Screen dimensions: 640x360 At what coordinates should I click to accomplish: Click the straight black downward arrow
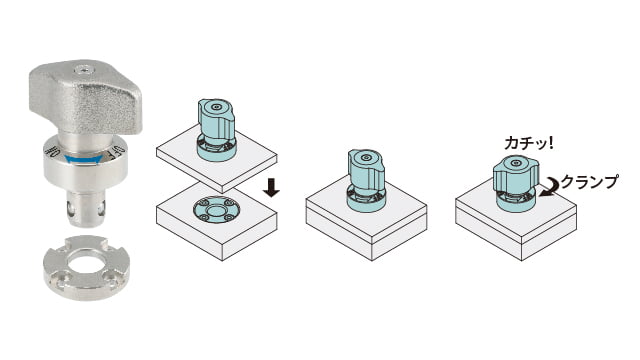(x=271, y=188)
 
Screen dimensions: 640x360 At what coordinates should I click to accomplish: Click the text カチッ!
(x=529, y=143)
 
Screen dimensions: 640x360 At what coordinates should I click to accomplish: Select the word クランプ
(x=589, y=182)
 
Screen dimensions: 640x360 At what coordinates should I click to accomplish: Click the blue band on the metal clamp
(x=84, y=160)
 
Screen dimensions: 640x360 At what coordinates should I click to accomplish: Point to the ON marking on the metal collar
(x=53, y=151)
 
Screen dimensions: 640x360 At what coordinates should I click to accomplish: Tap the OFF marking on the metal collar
(x=117, y=151)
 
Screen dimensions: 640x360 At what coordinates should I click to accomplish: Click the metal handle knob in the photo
(x=85, y=97)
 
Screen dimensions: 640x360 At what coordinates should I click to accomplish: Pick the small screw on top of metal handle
(x=84, y=70)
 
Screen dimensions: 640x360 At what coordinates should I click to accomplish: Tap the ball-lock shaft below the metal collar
(x=86, y=209)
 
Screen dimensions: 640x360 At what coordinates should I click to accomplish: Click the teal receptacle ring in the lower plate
(x=216, y=209)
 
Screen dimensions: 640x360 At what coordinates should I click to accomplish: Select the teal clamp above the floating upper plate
(x=216, y=129)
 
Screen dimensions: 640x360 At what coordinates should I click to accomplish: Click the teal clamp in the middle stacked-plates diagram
(x=366, y=180)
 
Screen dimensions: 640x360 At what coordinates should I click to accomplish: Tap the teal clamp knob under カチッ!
(x=516, y=183)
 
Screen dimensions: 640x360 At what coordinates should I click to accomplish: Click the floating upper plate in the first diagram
(x=217, y=158)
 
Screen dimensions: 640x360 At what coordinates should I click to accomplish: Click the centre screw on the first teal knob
(x=216, y=107)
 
